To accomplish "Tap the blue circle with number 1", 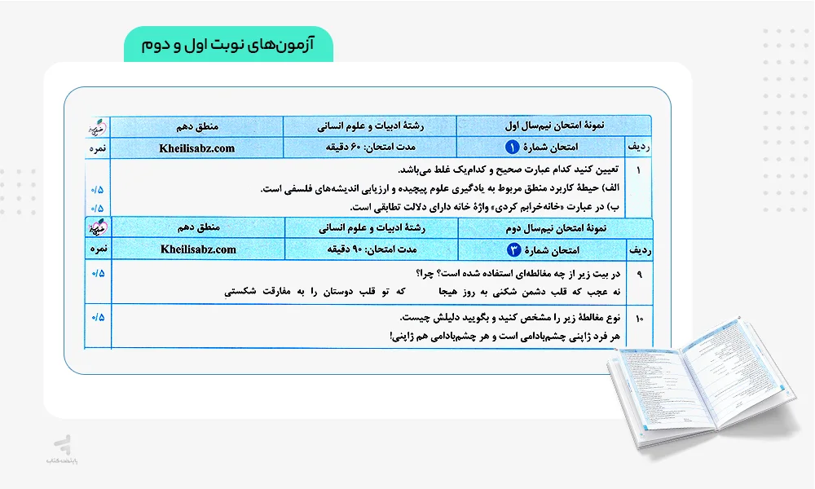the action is pyautogui.click(x=512, y=148).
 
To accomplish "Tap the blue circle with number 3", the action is pyautogui.click(x=513, y=249).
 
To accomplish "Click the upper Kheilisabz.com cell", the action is pyautogui.click(x=196, y=148).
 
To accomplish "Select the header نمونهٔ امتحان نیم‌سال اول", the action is pyautogui.click(x=554, y=126).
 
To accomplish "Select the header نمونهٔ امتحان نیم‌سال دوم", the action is pyautogui.click(x=555, y=228).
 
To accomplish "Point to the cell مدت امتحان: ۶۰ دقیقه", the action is pyautogui.click(x=370, y=148).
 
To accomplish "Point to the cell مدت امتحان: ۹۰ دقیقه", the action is pyautogui.click(x=371, y=249).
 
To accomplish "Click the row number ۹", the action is pyautogui.click(x=639, y=274).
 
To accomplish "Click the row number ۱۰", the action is pyautogui.click(x=639, y=318).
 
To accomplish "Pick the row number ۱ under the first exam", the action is pyautogui.click(x=639, y=171).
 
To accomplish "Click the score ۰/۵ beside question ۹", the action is pyautogui.click(x=99, y=272).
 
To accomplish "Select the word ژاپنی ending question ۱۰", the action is pyautogui.click(x=403, y=335).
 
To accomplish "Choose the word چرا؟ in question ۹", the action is pyautogui.click(x=426, y=273).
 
